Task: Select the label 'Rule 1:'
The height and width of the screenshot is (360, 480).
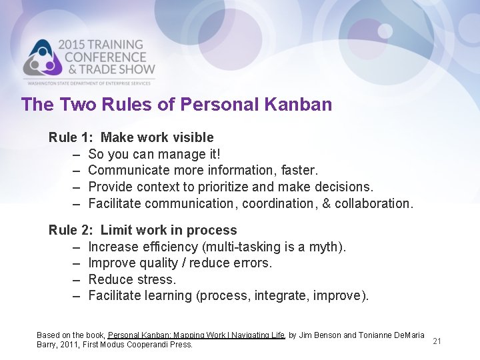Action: (71, 138)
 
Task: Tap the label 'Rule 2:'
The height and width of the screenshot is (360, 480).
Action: (71, 231)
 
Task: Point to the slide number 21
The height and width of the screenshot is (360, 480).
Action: (437, 341)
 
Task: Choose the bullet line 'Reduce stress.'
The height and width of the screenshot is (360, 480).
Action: (132, 279)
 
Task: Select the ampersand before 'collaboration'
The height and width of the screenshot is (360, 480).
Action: (326, 203)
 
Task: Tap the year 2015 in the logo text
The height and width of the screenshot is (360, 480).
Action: (75, 45)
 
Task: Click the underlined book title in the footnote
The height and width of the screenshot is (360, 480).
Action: (197, 335)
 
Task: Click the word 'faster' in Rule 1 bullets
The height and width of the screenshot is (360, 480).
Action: (299, 171)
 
